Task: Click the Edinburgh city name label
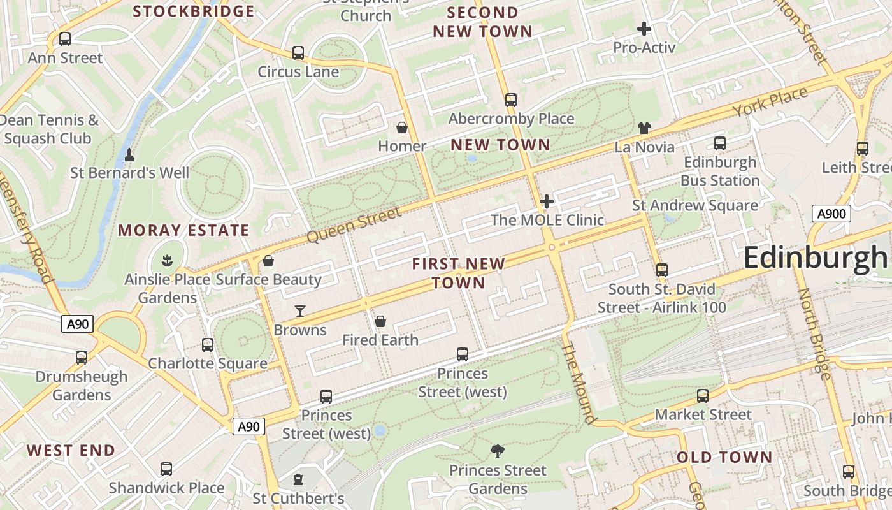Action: pyautogui.click(x=816, y=258)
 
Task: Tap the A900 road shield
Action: pyautogui.click(x=831, y=214)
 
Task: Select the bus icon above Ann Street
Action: pyautogui.click(x=65, y=39)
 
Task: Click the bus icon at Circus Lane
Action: pyautogui.click(x=298, y=53)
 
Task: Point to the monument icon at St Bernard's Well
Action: pyautogui.click(x=129, y=154)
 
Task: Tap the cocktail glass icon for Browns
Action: pyautogui.click(x=300, y=311)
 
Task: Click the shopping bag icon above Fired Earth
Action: pyautogui.click(x=380, y=321)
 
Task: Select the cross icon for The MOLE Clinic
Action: pyautogui.click(x=546, y=202)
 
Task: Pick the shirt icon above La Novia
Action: pyautogui.click(x=644, y=128)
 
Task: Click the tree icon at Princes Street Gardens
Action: pyautogui.click(x=498, y=451)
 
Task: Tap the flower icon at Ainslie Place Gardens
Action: pyautogui.click(x=167, y=261)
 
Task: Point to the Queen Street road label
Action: pyautogui.click(x=354, y=224)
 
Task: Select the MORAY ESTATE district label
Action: pyautogui.click(x=183, y=231)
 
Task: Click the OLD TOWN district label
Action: pyautogui.click(x=724, y=457)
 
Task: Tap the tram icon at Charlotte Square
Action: pyautogui.click(x=208, y=345)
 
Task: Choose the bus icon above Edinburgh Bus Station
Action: pyautogui.click(x=720, y=143)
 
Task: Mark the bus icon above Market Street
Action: pyautogui.click(x=703, y=396)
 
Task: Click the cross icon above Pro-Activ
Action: pyautogui.click(x=644, y=29)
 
